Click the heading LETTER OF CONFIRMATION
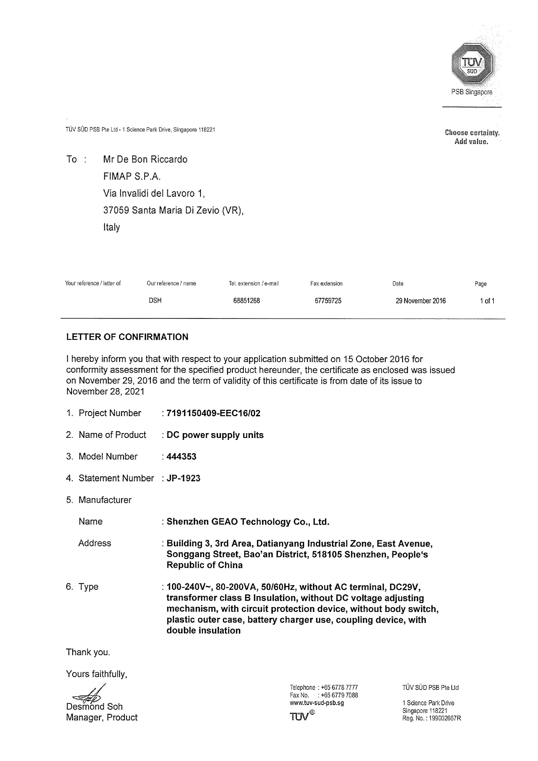click(127, 337)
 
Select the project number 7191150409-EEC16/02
click(214, 413)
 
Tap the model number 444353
click(181, 456)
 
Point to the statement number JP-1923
click(183, 478)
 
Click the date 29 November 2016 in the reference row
click(420, 301)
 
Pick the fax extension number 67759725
click(328, 301)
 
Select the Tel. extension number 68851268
click(246, 301)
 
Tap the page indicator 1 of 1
click(487, 301)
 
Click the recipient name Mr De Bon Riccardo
click(145, 159)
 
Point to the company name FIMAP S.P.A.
click(132, 176)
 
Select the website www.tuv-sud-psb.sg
click(317, 703)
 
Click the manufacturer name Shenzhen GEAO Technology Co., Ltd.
click(248, 522)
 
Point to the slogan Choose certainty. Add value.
click(472, 137)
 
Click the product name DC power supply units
click(215, 435)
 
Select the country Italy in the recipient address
click(111, 227)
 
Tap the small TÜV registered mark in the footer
click(302, 716)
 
